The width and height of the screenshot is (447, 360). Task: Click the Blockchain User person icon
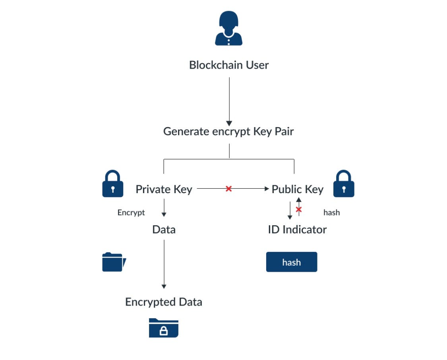(x=228, y=29)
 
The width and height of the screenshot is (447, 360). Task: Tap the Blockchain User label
(x=229, y=65)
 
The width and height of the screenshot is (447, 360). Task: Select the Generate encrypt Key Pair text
(x=228, y=131)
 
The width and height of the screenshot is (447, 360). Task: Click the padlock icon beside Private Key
(x=113, y=184)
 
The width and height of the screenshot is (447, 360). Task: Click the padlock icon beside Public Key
(x=344, y=184)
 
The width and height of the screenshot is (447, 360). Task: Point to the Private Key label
(x=164, y=189)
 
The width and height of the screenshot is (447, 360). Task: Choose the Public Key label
(x=298, y=189)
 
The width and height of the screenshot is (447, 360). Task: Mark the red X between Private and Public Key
(x=228, y=189)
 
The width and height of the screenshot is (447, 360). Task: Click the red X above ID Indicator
(x=299, y=209)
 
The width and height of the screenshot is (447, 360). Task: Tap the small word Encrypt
(x=131, y=213)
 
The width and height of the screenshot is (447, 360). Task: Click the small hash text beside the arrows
(x=331, y=213)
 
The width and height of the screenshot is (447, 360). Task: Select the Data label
(x=164, y=229)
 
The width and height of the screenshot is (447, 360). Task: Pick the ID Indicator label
(x=297, y=229)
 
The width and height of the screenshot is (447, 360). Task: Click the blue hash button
(x=292, y=262)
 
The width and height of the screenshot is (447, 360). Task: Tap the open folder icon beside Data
(x=114, y=262)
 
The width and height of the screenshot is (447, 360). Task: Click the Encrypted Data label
(x=164, y=302)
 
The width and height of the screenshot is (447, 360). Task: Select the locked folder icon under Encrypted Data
(x=164, y=328)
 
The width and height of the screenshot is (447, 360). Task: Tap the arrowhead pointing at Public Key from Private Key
(x=267, y=189)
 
